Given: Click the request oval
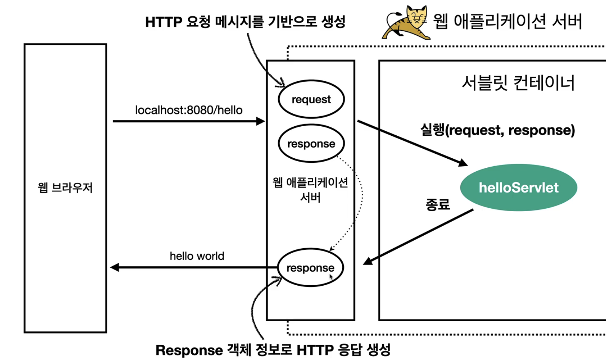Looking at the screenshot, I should (x=311, y=99).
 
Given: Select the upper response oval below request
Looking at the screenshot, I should (x=311, y=143).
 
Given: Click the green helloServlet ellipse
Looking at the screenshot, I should (x=518, y=188).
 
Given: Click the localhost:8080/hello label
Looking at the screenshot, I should (x=189, y=110).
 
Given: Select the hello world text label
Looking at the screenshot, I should (x=197, y=256).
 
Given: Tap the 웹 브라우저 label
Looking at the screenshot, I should (x=65, y=188).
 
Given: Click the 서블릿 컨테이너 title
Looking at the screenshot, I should (x=518, y=83).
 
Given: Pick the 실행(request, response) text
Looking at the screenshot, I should (x=497, y=130).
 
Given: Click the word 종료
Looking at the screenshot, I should (x=438, y=205).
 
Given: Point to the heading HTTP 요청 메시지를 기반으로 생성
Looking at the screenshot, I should (x=245, y=22).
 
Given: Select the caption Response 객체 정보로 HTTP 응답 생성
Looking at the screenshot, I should (x=273, y=350).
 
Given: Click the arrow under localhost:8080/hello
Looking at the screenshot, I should (x=189, y=121).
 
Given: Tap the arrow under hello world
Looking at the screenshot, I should (x=194, y=267).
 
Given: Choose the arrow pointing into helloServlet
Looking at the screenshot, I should (x=412, y=143).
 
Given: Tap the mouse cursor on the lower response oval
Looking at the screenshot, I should (x=331, y=277).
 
